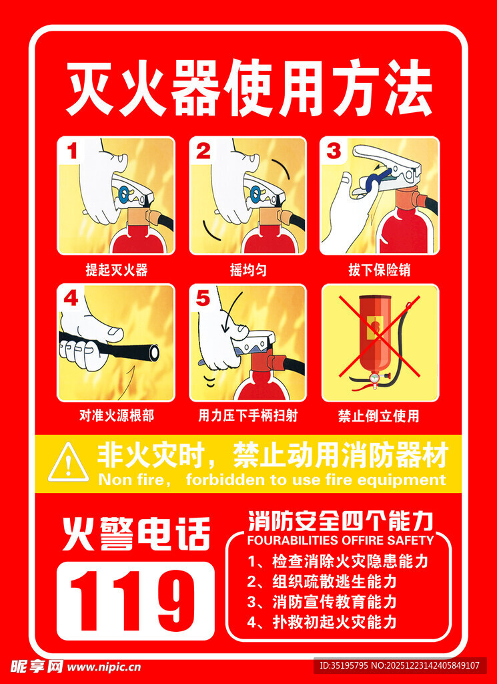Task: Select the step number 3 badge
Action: click(x=334, y=150)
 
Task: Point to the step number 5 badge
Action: click(x=203, y=298)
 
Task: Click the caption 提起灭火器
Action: click(x=116, y=270)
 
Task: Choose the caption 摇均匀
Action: click(x=248, y=270)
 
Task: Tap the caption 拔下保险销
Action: click(x=379, y=270)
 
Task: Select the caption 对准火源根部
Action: click(x=116, y=415)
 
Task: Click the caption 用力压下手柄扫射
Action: click(x=248, y=415)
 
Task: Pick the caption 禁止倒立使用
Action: click(x=379, y=415)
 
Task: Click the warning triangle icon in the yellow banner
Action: click(x=67, y=463)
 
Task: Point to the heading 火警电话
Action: click(x=136, y=534)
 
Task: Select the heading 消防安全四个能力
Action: click(x=340, y=520)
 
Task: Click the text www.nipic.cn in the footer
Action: click(x=104, y=666)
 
